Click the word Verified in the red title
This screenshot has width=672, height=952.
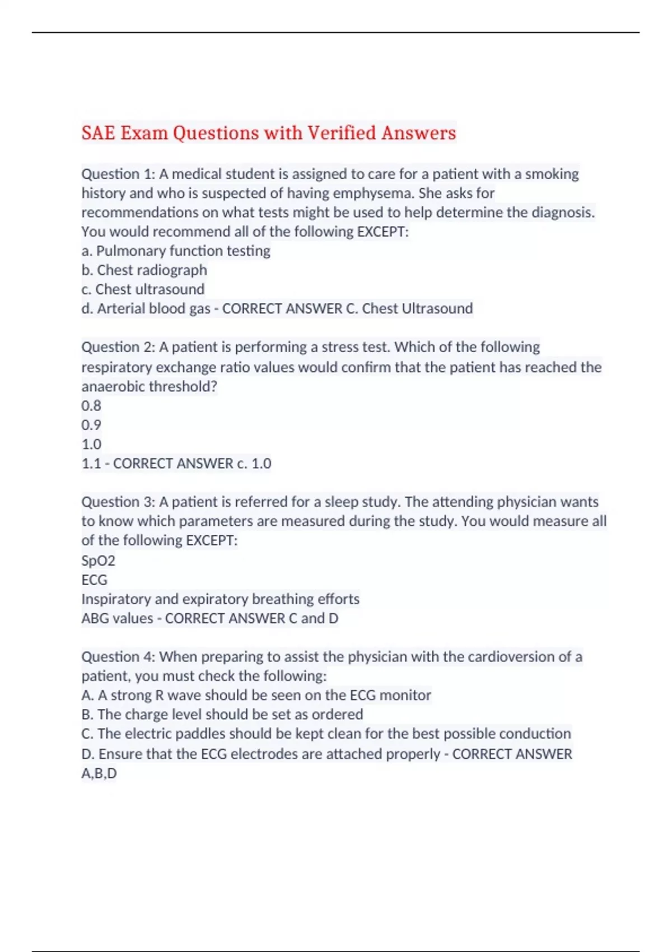pos(341,133)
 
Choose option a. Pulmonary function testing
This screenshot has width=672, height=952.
pos(176,251)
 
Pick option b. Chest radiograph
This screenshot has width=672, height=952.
pos(144,270)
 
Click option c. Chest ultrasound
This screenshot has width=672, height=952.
pos(143,290)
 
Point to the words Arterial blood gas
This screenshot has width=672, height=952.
pos(153,309)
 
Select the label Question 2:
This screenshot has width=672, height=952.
pos(118,347)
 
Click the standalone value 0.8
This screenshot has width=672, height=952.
pos(91,405)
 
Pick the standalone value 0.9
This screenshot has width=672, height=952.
pos(91,425)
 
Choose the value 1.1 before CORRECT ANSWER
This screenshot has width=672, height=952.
pos(91,464)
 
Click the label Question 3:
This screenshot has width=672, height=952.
pos(118,502)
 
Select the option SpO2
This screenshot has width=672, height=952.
pos(98,561)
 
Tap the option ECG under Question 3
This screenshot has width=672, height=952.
pos(94,580)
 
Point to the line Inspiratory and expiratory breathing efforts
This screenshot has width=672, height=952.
pos(220,599)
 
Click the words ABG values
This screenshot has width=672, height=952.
pos(117,618)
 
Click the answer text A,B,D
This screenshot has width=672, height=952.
pos(99,773)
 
